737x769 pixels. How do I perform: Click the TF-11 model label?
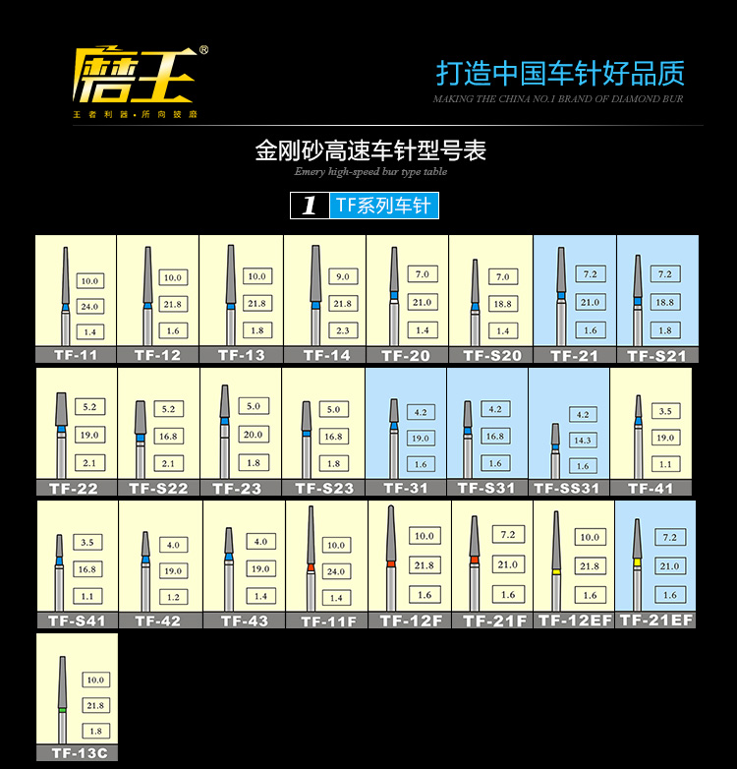(75, 355)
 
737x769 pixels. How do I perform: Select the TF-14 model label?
(324, 355)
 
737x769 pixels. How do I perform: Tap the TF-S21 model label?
(656, 356)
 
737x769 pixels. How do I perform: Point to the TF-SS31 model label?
(567, 488)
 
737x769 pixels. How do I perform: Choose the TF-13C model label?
(78, 753)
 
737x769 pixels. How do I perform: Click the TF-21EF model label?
(656, 620)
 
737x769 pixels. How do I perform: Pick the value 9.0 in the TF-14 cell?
(341, 276)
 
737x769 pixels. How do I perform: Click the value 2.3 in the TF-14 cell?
(341, 330)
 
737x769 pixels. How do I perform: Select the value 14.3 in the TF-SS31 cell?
(584, 441)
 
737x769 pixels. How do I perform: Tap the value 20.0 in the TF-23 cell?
(254, 434)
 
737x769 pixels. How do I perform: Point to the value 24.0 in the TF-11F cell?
(337, 571)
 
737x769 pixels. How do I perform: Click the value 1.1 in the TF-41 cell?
(666, 463)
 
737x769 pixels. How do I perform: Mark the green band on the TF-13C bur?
(63, 708)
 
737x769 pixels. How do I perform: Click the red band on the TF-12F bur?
(391, 563)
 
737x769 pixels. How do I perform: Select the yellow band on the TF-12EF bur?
(556, 570)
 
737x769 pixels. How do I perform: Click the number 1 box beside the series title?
(310, 206)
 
